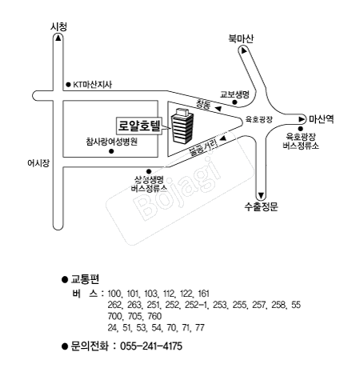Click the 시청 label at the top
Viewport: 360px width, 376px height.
point(58,26)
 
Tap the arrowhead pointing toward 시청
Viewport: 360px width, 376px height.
point(58,38)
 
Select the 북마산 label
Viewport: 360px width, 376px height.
point(241,38)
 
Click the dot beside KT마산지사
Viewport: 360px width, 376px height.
point(68,85)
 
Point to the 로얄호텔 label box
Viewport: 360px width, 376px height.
point(139,126)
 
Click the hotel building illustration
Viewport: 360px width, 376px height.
point(182,126)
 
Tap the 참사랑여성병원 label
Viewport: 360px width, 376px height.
point(111,142)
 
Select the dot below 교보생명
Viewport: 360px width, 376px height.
point(234,102)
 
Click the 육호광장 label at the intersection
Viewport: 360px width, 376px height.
point(259,119)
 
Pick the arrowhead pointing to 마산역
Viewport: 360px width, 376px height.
point(302,119)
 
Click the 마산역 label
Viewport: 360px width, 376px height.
point(322,119)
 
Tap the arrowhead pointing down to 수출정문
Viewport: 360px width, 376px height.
point(261,195)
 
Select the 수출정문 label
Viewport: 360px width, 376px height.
point(262,206)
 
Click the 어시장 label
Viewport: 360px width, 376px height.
point(38,163)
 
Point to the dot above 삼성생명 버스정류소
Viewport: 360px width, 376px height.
point(149,171)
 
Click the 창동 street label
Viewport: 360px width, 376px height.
point(203,104)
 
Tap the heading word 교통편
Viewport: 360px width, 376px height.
point(85,279)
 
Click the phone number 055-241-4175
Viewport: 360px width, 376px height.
point(151,346)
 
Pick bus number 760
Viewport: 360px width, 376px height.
point(154,316)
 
